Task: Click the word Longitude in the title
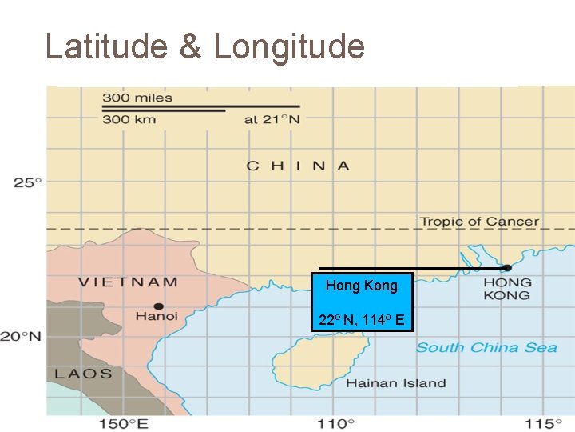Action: point(289,46)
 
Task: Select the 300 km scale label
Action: point(129,119)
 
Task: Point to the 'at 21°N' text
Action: point(272,119)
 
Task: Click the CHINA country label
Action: point(298,166)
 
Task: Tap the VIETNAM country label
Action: point(128,282)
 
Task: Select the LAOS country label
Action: point(83,374)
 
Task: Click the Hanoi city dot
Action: point(159,306)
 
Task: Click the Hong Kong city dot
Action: point(506,267)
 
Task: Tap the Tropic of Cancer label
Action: point(479,221)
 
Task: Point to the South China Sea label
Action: point(486,347)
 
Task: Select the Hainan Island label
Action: point(396,383)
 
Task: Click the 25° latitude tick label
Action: point(27,182)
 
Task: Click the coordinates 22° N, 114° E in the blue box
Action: point(362,321)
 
